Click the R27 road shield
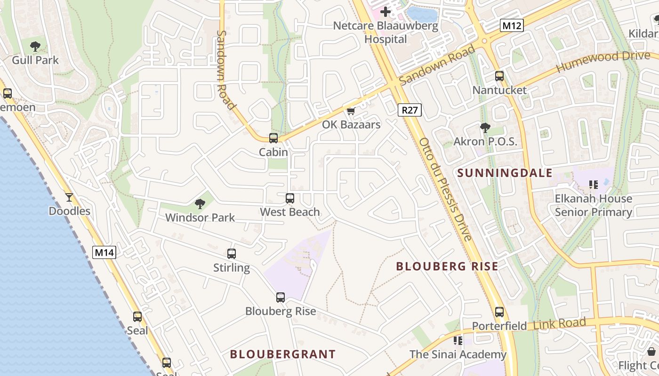coord(410,110)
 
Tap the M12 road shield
coord(511,26)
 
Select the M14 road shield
coord(104,252)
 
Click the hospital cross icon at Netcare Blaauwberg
coord(386,11)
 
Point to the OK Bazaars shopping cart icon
coord(351,111)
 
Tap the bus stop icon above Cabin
coord(273,138)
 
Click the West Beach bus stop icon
coord(290,198)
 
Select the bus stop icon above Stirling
coord(232,254)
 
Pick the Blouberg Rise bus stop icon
coord(281,298)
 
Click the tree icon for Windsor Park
coord(200,204)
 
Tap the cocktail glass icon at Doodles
coord(69,197)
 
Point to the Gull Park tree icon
coord(35,46)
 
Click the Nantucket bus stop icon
coord(499,76)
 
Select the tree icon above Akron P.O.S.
coord(485,127)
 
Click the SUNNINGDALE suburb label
coord(505,173)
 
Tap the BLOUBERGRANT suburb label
coord(283,354)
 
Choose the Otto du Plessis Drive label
coord(445,189)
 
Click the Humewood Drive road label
coord(603,62)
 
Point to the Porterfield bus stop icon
coord(499,312)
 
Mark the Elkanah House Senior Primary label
coord(593,205)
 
